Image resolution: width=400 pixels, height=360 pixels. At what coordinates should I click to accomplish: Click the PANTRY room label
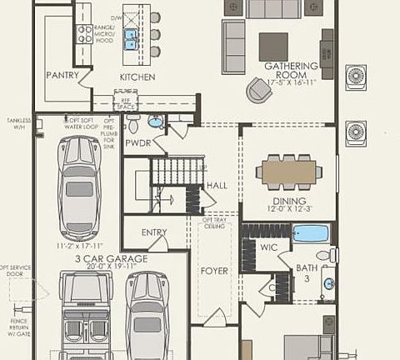62,75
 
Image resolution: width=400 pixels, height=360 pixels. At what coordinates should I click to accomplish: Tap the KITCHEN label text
137,77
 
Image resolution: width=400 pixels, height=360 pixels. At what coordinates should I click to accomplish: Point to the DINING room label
288,201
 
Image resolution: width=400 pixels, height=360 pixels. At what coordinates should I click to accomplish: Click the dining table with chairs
288,172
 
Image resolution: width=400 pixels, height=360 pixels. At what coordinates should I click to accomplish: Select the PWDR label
137,142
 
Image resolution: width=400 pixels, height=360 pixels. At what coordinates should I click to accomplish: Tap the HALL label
217,186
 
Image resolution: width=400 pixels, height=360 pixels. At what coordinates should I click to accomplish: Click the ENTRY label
154,232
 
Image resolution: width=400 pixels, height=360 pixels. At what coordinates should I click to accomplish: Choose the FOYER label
214,271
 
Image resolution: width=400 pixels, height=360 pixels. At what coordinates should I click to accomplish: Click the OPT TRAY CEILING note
213,221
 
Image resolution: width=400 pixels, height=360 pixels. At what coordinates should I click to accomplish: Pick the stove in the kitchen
84,33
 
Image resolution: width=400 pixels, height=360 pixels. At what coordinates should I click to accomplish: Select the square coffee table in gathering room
272,46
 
